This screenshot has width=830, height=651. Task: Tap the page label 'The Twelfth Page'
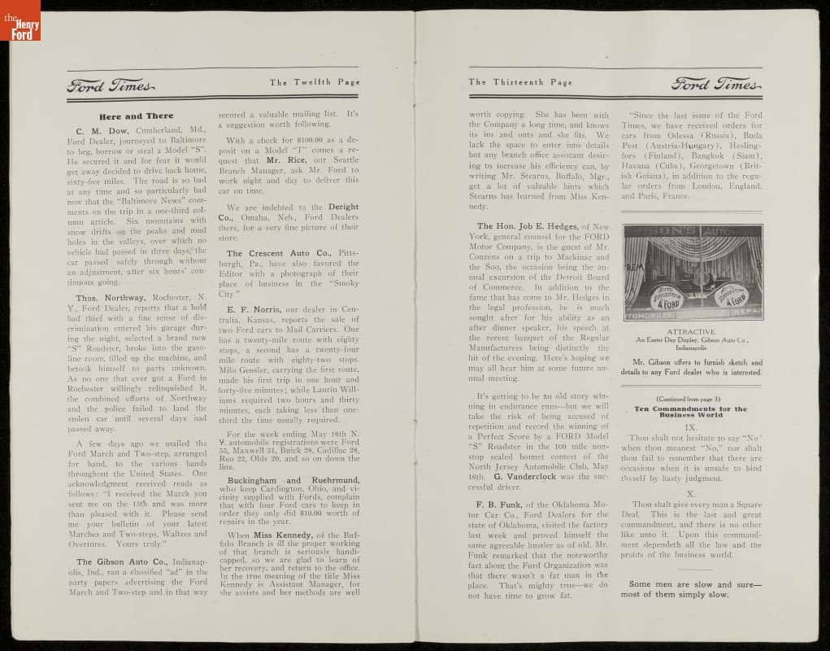click(315, 82)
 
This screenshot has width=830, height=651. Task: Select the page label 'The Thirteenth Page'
click(520, 82)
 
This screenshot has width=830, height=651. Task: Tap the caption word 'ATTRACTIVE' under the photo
click(692, 332)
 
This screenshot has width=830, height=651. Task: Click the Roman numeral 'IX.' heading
click(691, 426)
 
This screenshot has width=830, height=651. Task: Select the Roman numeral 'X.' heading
click(691, 494)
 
